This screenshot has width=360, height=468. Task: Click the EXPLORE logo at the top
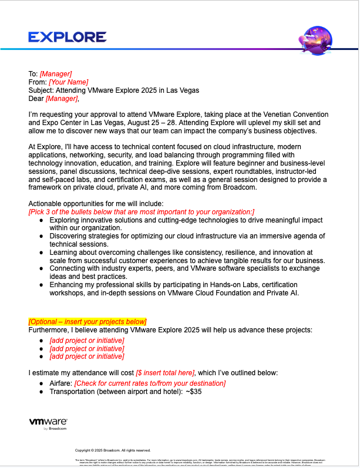[68, 37]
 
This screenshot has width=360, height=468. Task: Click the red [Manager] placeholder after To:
[56, 74]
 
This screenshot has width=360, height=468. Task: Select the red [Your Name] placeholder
[69, 82]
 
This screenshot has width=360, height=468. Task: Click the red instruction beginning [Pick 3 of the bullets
[142, 211]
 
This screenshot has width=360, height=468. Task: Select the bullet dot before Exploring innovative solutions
[41, 220]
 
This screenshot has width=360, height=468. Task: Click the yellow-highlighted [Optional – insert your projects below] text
[88, 321]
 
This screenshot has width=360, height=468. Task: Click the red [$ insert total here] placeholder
[165, 373]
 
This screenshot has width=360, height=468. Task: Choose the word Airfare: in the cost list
[60, 383]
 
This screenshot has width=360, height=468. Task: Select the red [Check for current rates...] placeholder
[150, 383]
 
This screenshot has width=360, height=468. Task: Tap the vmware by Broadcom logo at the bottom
[48, 424]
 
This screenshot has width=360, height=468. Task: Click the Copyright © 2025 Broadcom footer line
[113, 450]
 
